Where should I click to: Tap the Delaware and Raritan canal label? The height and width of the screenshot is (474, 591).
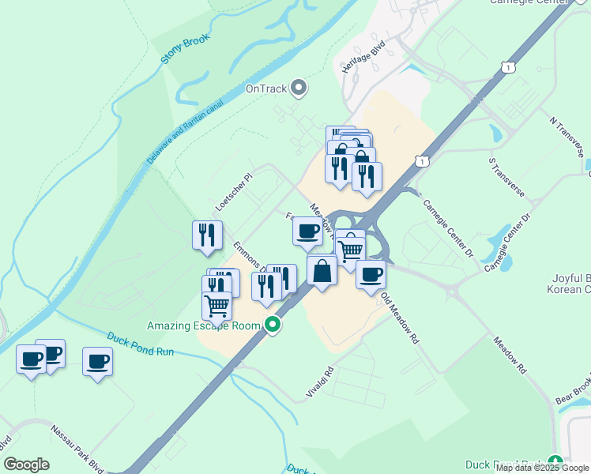pyautogui.click(x=186, y=131)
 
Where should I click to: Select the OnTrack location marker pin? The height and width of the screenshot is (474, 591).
pyautogui.click(x=299, y=88)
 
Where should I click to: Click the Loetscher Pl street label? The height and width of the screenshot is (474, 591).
pyautogui.click(x=233, y=194)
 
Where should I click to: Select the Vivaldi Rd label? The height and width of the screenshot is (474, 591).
pyautogui.click(x=320, y=382)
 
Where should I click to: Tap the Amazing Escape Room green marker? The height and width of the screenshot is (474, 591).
pyautogui.click(x=273, y=325)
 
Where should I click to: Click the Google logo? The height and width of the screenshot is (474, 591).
pyautogui.click(x=27, y=465)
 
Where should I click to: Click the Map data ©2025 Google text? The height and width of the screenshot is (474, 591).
pyautogui.click(x=542, y=468)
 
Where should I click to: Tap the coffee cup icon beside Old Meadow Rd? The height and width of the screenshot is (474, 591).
pyautogui.click(x=371, y=275)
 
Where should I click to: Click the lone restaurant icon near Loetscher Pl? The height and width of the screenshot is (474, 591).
pyautogui.click(x=206, y=235)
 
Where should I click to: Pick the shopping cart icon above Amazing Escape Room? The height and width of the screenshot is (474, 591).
pyautogui.click(x=216, y=304)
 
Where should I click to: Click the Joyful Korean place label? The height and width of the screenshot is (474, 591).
pyautogui.click(x=568, y=284)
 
